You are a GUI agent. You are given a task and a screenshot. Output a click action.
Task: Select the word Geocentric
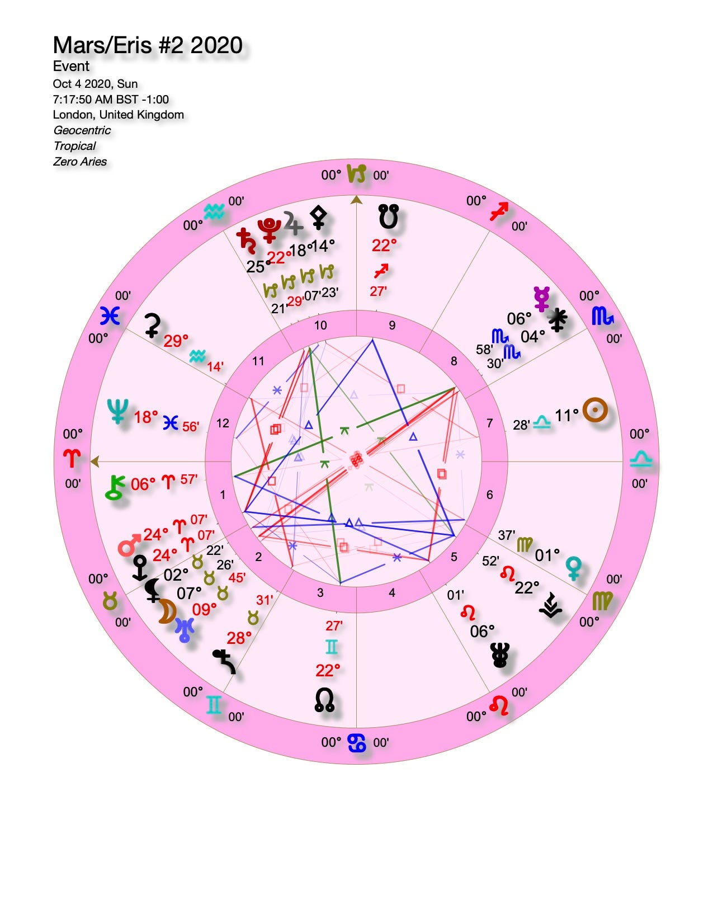coord(82,130)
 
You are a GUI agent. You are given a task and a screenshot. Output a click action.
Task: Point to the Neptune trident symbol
coord(119,411)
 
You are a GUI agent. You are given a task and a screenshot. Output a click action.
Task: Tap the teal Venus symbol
coord(574,567)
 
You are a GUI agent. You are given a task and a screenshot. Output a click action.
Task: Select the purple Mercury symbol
coord(541,298)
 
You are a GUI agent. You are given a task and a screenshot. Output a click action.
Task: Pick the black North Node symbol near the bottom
coord(325,700)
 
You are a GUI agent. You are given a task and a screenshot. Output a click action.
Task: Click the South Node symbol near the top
coord(388,216)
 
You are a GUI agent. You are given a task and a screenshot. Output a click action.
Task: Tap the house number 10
coord(320,326)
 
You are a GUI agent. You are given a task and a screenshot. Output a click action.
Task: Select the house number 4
coord(392,592)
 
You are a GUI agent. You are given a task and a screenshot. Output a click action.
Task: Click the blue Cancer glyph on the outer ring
coord(356,743)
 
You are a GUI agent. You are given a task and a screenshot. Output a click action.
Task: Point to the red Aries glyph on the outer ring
coord(73,459)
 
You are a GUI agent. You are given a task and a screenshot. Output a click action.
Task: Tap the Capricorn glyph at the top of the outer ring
coord(356,174)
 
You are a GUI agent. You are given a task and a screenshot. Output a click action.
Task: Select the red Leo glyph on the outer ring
coord(499,705)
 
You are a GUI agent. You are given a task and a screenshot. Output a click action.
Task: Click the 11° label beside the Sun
coord(566,416)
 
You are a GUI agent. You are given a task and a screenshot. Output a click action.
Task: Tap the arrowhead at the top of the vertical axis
coord(356,200)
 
